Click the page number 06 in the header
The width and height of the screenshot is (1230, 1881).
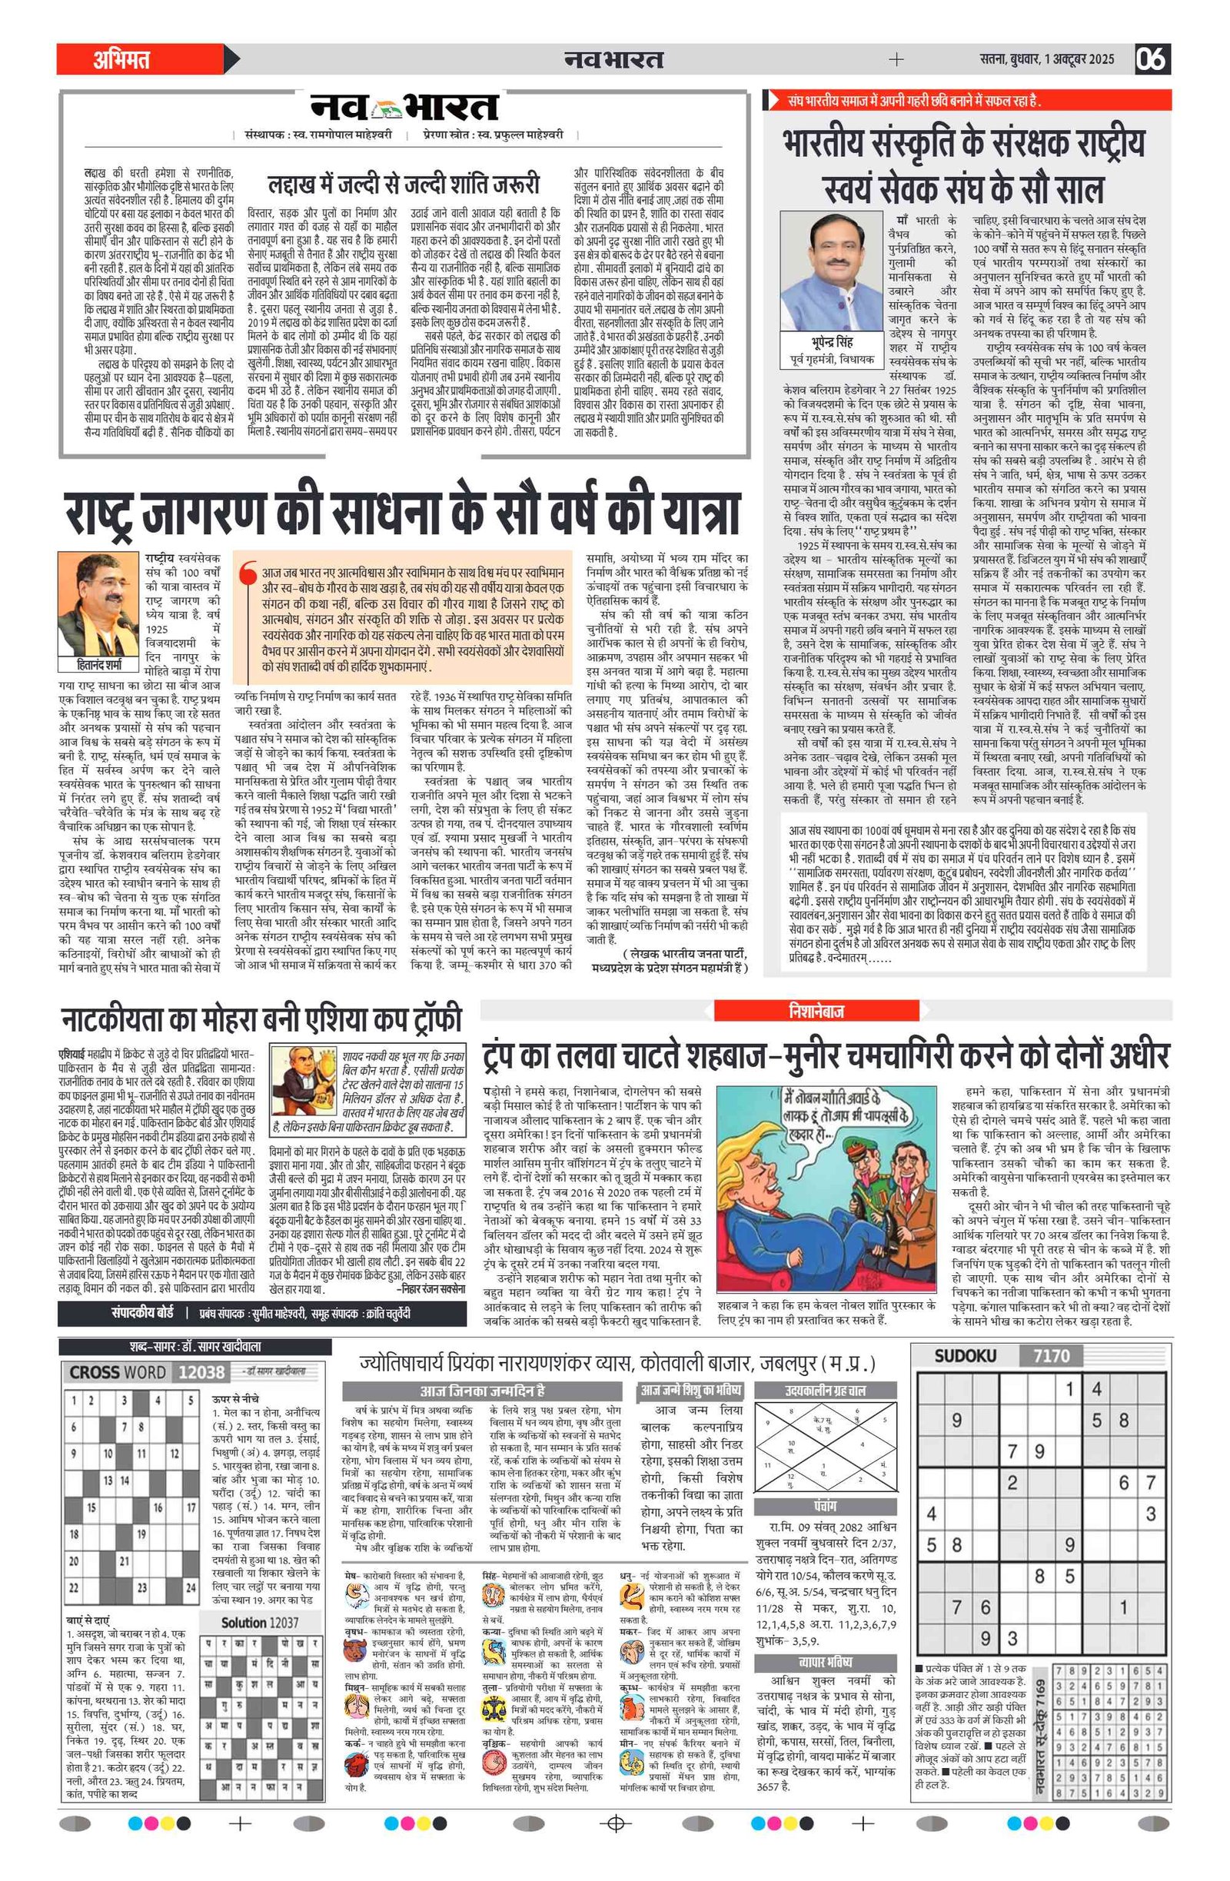tap(1152, 59)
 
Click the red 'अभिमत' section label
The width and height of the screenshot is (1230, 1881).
tap(121, 59)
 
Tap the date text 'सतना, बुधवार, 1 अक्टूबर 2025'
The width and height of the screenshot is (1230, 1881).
tap(1046, 59)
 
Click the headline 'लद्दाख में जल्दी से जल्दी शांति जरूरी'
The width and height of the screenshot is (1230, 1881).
tap(403, 184)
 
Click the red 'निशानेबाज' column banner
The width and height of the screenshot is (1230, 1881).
tap(816, 1010)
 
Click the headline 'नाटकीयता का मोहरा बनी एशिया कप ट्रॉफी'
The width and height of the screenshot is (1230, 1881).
tap(261, 1019)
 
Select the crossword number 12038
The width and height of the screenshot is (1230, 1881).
tap(201, 1372)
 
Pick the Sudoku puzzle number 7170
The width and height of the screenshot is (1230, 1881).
tap(1051, 1356)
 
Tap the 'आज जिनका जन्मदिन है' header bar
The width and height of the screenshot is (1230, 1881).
tap(481, 1391)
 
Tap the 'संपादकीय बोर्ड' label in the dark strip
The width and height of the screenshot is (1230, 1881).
tap(141, 1312)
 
